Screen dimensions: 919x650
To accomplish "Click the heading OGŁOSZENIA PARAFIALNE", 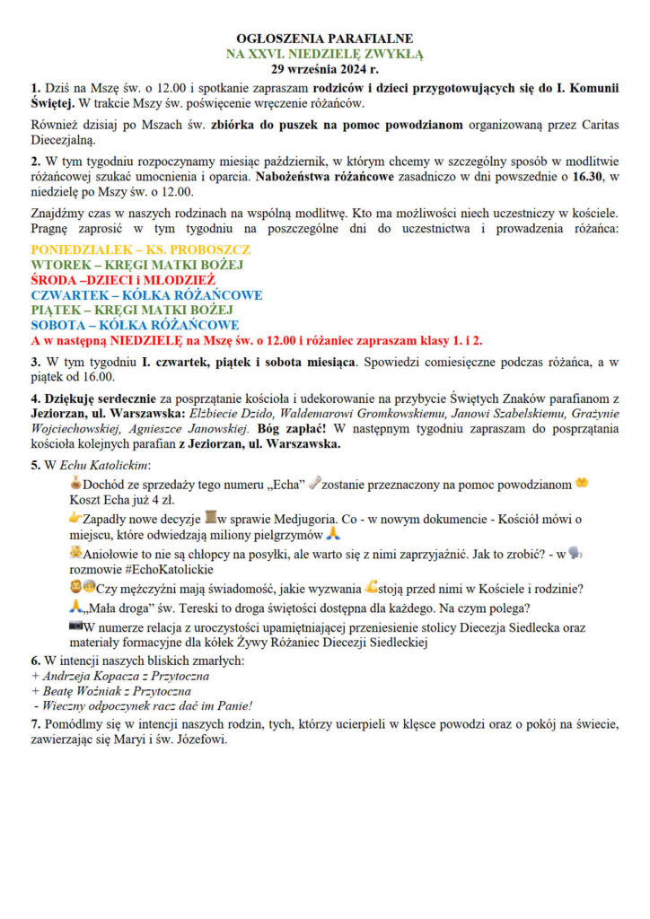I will click(x=324, y=39).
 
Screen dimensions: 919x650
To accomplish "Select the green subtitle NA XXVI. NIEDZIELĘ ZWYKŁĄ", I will click(x=324, y=54).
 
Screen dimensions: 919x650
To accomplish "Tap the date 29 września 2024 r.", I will click(x=324, y=68).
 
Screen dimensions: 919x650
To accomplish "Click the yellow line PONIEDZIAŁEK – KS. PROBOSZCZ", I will click(x=141, y=249).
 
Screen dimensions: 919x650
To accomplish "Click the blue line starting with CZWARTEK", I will click(x=146, y=294).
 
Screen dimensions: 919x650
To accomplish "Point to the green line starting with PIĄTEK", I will click(x=134, y=310).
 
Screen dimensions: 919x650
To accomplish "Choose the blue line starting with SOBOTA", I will click(x=135, y=325).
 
